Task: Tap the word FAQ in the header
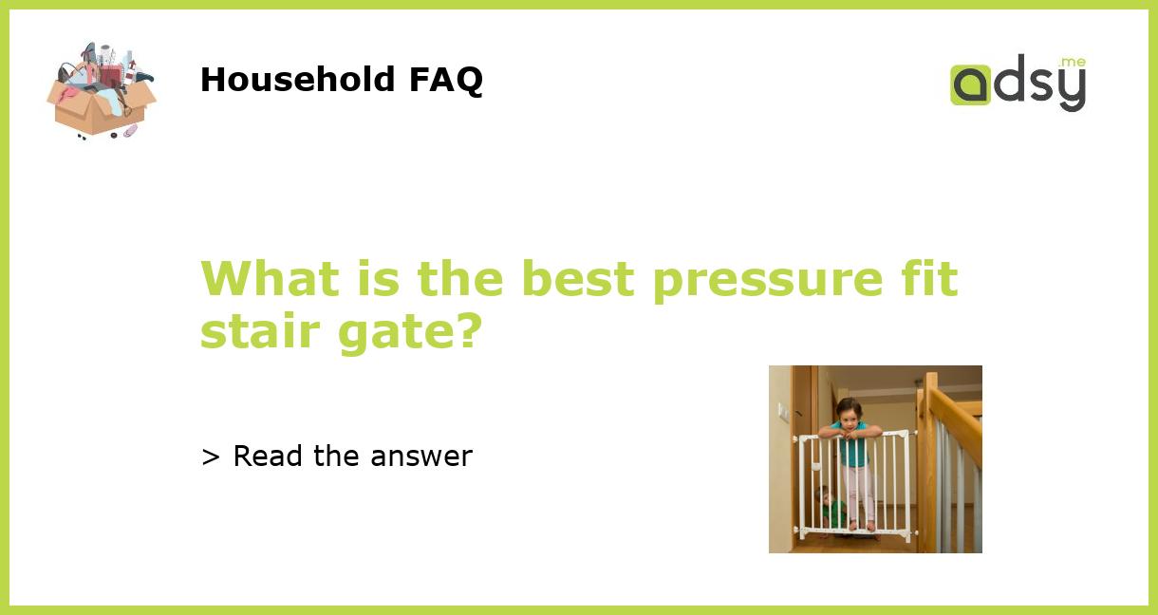pyautogui.click(x=445, y=80)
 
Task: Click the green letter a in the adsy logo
pyautogui.click(x=971, y=85)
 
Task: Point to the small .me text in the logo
pyautogui.click(x=1073, y=63)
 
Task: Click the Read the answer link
pyautogui.click(x=337, y=457)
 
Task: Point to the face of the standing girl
pyautogui.click(x=850, y=411)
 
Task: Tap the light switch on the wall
pyautogui.click(x=781, y=410)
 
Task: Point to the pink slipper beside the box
pyautogui.click(x=129, y=131)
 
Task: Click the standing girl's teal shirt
pyautogui.click(x=853, y=448)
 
